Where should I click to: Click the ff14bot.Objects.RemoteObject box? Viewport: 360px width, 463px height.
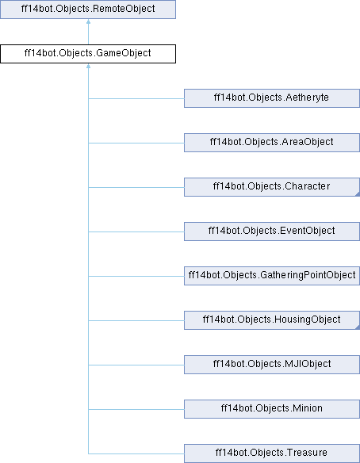coord(88,10)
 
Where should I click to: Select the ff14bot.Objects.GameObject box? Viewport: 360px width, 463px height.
coord(88,54)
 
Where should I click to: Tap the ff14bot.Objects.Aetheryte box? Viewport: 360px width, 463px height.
coord(272,98)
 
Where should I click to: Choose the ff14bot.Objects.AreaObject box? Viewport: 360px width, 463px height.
coord(272,143)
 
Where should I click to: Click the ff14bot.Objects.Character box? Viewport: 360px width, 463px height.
coord(272,187)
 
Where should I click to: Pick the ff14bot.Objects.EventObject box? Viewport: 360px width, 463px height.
coord(272,231)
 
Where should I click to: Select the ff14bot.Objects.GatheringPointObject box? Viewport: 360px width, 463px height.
coord(272,276)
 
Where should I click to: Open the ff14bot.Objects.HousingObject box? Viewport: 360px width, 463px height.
coord(272,320)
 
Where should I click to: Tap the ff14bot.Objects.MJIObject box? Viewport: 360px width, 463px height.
coord(272,365)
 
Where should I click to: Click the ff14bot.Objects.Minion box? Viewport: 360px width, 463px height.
coord(272,409)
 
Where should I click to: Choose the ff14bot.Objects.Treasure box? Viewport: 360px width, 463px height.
coord(272,453)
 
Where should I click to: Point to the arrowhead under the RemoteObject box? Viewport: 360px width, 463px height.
coord(88,21)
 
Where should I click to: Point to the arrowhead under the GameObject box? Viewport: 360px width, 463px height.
coord(88,66)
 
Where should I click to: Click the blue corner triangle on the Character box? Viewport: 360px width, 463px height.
coord(358,194)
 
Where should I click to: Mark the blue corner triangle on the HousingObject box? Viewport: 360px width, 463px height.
coord(358,327)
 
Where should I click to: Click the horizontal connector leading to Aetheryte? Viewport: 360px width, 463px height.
coord(136,98)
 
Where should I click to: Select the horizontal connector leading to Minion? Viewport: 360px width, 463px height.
coord(136,409)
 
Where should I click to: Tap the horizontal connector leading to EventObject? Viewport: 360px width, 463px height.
coord(136,231)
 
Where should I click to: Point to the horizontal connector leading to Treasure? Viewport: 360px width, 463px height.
coord(136,453)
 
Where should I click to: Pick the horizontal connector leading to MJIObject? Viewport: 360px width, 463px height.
coord(136,365)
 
